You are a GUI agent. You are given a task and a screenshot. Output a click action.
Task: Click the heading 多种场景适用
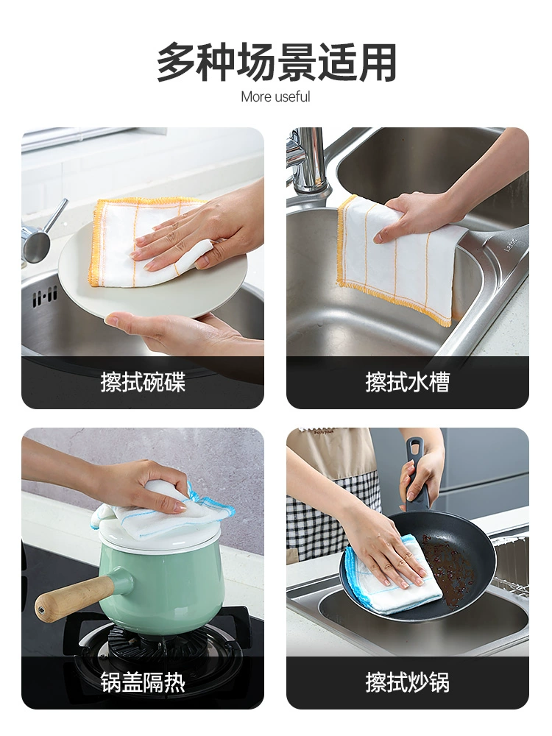point(276,63)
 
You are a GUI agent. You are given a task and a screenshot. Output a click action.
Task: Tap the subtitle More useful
point(275,96)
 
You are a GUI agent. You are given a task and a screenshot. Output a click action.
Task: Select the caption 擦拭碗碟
point(143,381)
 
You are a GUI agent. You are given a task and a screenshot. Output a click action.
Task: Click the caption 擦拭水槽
point(408,381)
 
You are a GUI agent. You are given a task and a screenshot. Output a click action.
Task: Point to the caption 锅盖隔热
point(143,682)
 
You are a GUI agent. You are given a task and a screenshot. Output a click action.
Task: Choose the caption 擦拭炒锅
point(408,682)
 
